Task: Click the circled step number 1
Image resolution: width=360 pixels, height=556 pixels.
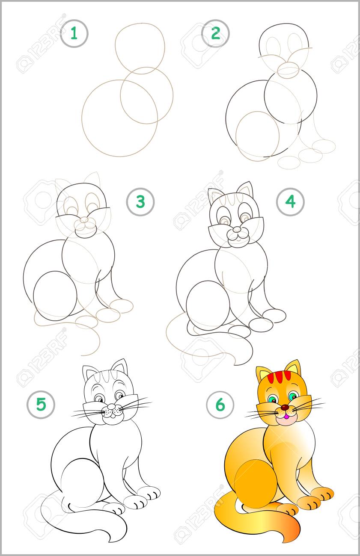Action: [x=74, y=33]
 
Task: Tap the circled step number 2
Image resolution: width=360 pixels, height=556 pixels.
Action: [x=215, y=33]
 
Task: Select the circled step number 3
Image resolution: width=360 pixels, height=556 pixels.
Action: [x=140, y=201]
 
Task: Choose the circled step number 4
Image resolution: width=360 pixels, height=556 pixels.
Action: [x=290, y=201]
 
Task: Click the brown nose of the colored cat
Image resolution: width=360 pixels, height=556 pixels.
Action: [x=285, y=407]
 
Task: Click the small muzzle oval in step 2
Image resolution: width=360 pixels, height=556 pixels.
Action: [x=289, y=70]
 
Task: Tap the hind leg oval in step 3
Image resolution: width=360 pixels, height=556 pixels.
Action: [x=55, y=296]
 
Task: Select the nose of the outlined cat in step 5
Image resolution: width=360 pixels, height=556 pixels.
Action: [x=111, y=406]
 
